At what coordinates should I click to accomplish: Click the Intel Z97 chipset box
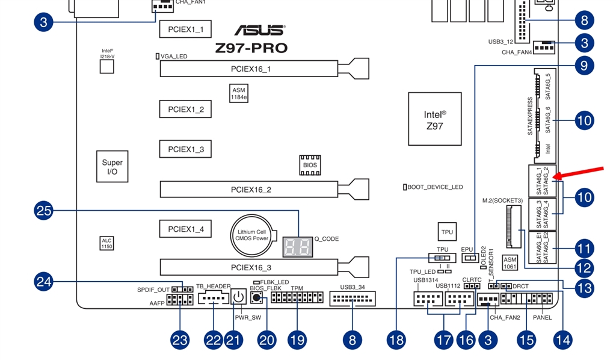pos(434,119)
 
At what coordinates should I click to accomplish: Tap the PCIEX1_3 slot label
pos(185,149)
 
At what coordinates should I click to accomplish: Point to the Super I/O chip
pos(112,167)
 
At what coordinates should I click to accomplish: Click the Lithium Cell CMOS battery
pos(252,234)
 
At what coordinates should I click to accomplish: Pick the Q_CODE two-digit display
pos(298,246)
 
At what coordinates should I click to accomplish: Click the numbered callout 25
pos(45,211)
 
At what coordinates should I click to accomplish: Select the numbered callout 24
pos(45,281)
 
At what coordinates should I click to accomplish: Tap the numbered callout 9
pos(584,65)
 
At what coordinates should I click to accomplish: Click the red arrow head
pos(557,176)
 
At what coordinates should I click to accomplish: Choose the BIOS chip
pos(310,165)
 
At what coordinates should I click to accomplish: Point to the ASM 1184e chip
pos(239,93)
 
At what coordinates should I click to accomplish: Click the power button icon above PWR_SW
pos(238,297)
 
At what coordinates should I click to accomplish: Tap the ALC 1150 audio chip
pos(106,243)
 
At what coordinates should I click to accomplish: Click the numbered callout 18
pos(396,340)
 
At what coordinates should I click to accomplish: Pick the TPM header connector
pos(297,297)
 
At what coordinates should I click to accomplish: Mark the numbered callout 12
pos(584,268)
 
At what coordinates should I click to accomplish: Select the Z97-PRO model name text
pos(251,48)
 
